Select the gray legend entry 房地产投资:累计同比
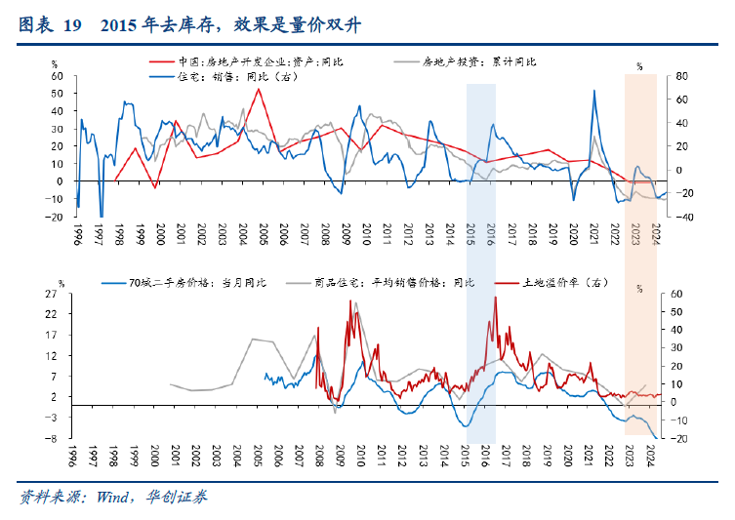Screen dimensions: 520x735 coord(478,61)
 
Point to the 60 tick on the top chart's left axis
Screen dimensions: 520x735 coord(58,76)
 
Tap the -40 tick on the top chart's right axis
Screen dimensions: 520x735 coord(673,217)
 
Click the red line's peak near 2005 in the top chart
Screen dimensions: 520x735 coord(258,89)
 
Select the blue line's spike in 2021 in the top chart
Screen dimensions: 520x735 coord(594,91)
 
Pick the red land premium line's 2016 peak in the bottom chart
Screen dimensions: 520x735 coord(495,298)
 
